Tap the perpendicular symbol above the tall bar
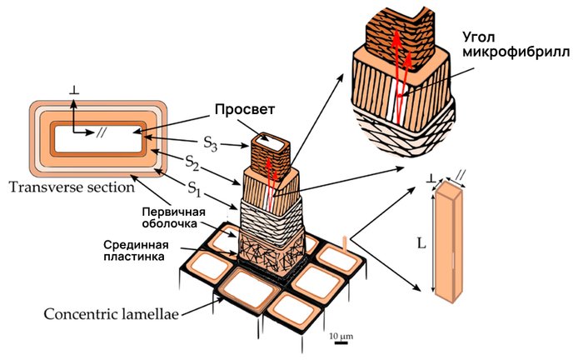click(431, 177)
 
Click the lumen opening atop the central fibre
click(270, 141)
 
